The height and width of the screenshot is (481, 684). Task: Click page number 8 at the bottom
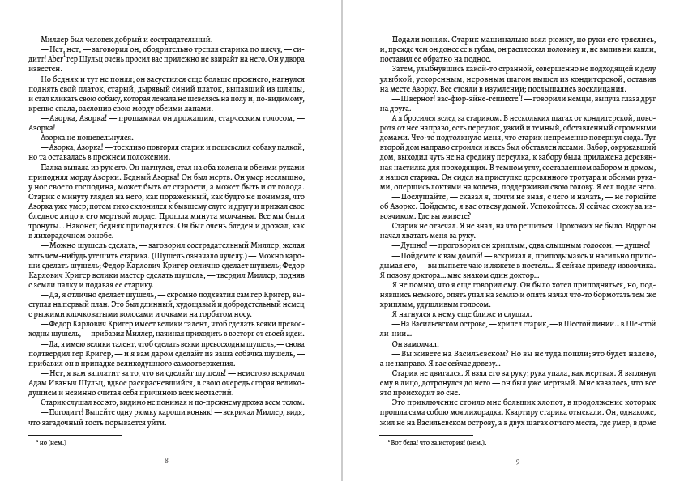166,461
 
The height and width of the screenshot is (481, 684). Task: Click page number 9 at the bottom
517,461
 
